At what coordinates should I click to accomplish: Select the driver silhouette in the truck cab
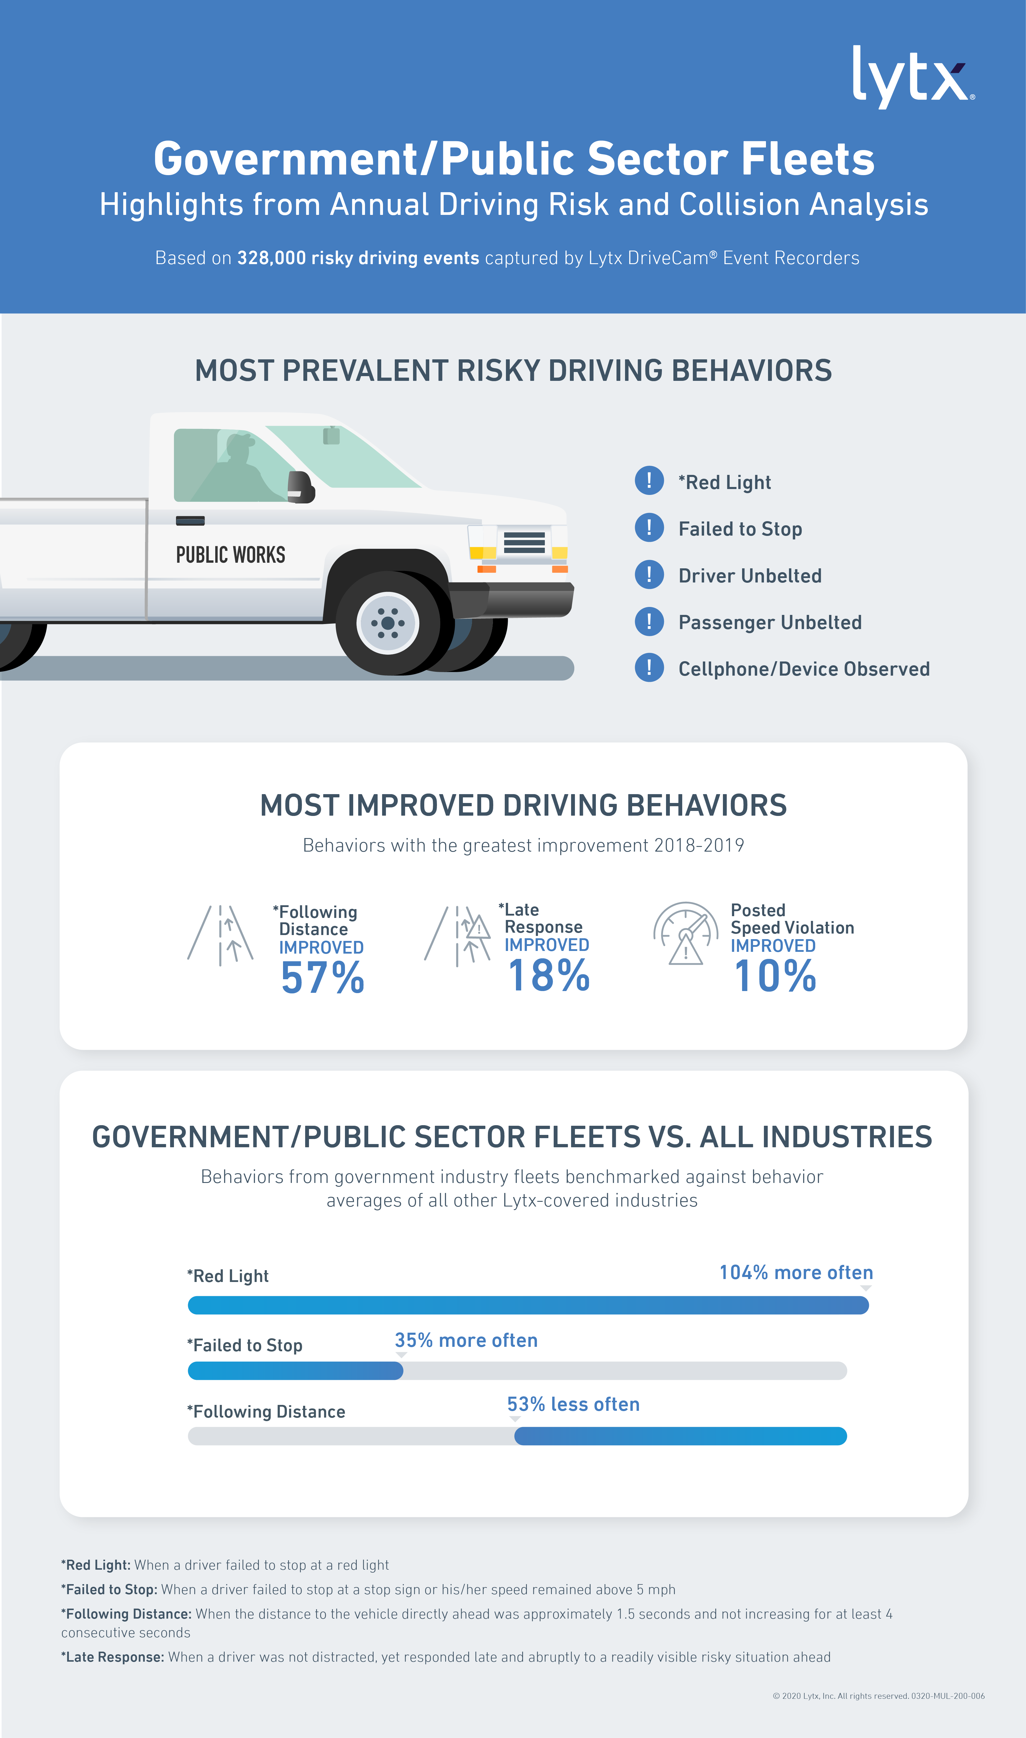point(235,470)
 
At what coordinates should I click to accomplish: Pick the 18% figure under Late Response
point(548,975)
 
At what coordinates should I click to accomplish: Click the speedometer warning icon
point(685,934)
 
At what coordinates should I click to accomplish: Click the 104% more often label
point(796,1272)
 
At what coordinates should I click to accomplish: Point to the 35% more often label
point(466,1340)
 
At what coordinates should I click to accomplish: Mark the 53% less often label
point(573,1404)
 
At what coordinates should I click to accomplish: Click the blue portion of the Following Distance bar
point(680,1436)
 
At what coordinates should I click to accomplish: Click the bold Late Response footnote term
point(113,1657)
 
